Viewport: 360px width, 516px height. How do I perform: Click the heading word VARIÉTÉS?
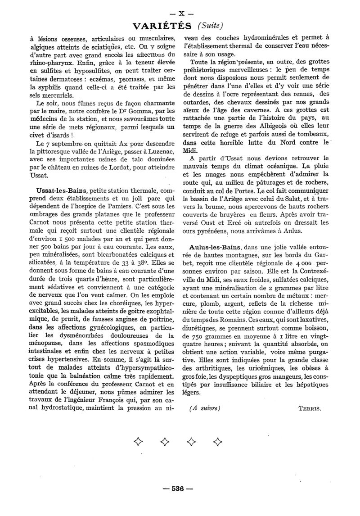click(x=163, y=25)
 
